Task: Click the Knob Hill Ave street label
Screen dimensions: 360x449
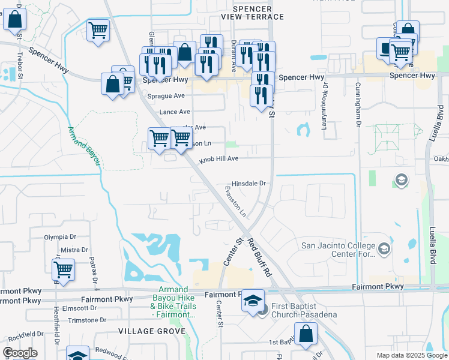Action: (x=219, y=159)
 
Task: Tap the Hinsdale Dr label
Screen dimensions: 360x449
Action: (x=249, y=184)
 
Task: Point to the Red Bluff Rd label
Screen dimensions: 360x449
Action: (x=259, y=257)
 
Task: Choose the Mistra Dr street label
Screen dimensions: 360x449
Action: (x=74, y=250)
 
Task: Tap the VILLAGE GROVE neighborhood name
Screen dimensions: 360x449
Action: (x=146, y=331)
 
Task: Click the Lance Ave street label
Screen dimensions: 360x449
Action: (x=175, y=112)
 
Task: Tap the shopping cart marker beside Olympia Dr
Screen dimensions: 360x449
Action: (x=63, y=270)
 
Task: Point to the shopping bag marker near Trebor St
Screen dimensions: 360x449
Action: (x=14, y=20)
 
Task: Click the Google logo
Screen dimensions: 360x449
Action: (x=20, y=353)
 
